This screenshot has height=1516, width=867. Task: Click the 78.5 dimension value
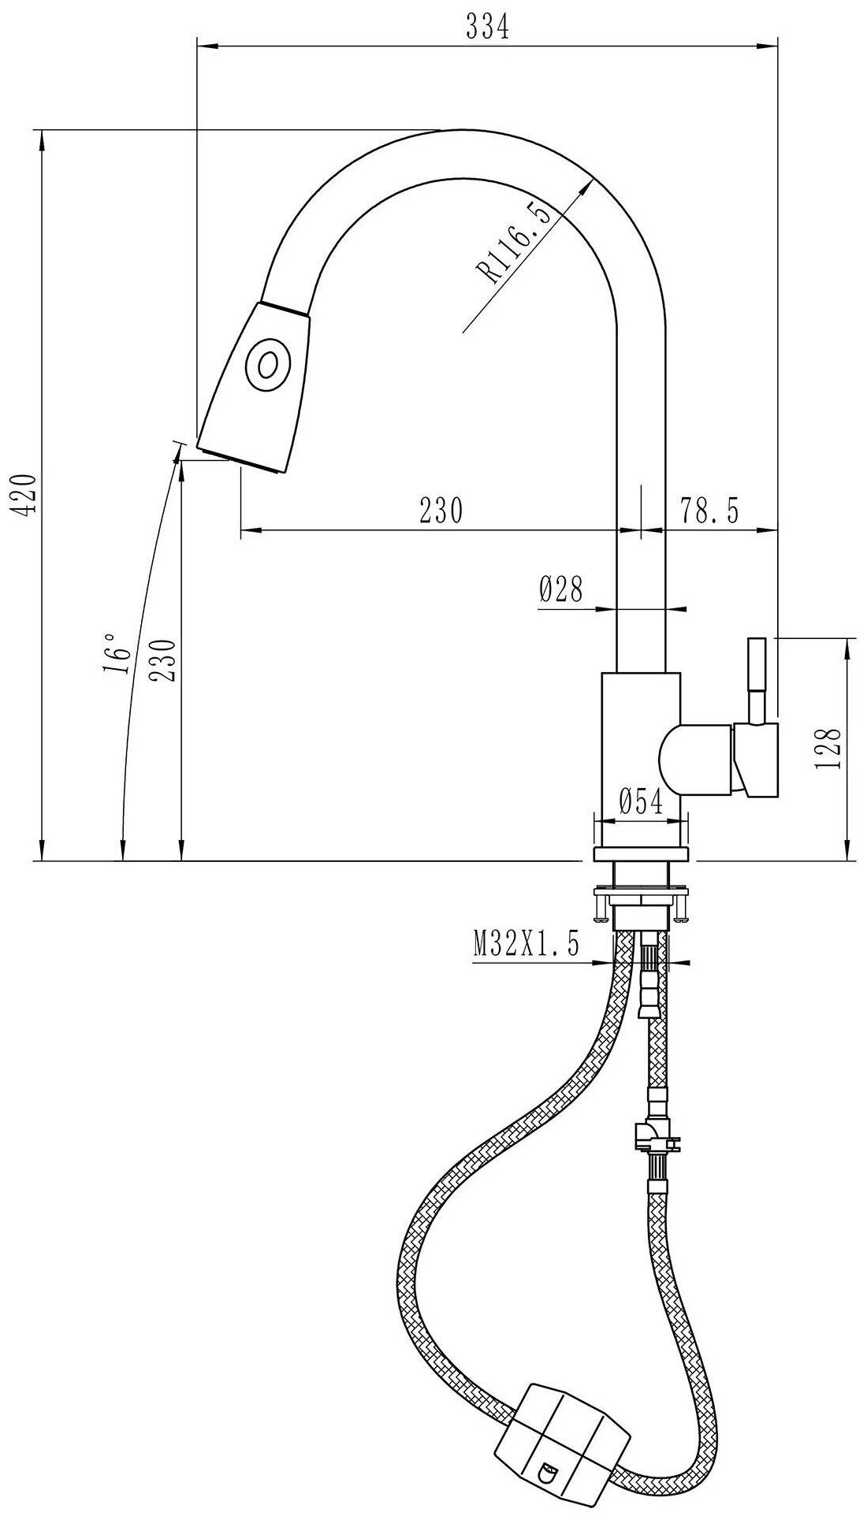pyautogui.click(x=710, y=511)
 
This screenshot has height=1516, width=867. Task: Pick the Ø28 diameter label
pyautogui.click(x=560, y=589)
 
